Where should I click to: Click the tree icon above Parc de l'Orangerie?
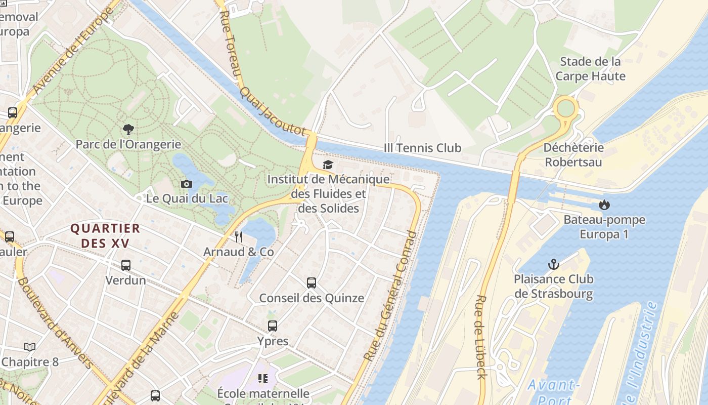coord(128,130)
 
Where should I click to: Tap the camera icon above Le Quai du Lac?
coord(187,184)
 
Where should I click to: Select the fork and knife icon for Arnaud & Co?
coord(239,236)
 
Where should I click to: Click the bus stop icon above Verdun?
coord(126,265)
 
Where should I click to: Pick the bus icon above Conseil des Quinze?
coord(312,283)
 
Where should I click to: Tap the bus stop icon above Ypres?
coord(273,326)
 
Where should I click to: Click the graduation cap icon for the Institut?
coord(328,165)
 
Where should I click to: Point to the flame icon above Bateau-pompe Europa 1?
coord(604,205)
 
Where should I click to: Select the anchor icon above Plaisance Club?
coord(554,264)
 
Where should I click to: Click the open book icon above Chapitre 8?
coord(30,347)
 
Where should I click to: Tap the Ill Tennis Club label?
coord(422,148)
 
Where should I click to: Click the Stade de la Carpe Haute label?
coord(590,69)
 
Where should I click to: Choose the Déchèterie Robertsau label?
coord(573,154)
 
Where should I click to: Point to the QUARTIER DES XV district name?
coord(105,235)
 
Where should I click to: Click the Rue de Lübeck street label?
coord(480,337)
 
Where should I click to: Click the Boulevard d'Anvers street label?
coord(55,323)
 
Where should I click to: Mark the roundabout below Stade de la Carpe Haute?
coord(565,108)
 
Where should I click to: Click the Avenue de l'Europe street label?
coord(73,51)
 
